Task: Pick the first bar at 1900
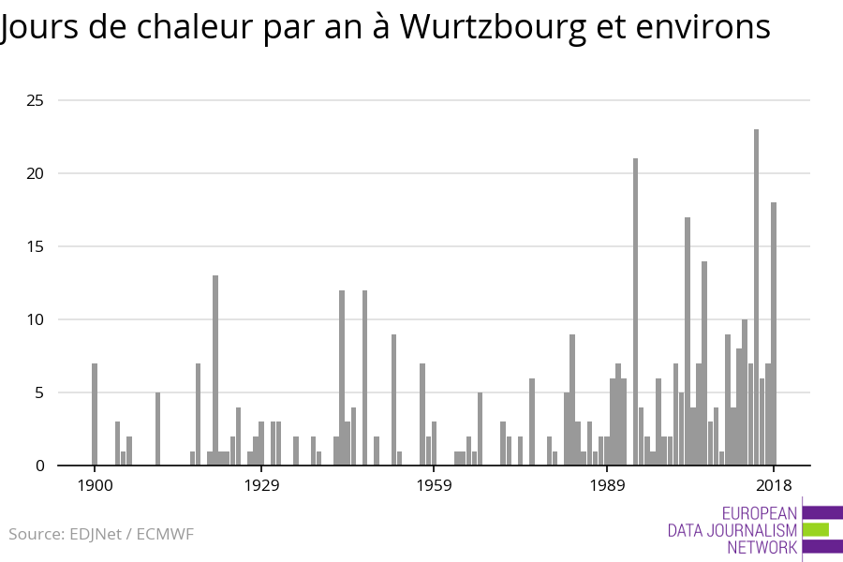[x=95, y=414]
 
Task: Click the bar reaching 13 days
[x=215, y=370]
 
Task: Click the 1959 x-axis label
[x=434, y=485]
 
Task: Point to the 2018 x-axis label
[x=774, y=485]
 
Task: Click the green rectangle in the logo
[x=816, y=529]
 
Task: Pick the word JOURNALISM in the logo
[x=757, y=530]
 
